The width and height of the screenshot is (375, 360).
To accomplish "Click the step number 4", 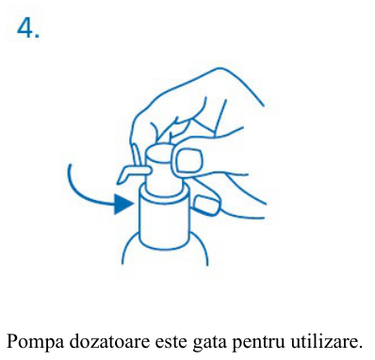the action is click(x=24, y=27).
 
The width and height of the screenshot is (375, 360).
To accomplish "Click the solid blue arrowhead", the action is click(x=124, y=205).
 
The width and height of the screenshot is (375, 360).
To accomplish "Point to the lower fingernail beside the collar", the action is click(x=205, y=205).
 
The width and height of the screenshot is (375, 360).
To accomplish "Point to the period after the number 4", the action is click(x=38, y=36).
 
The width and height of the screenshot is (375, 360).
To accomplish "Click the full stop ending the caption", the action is click(x=360, y=347).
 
